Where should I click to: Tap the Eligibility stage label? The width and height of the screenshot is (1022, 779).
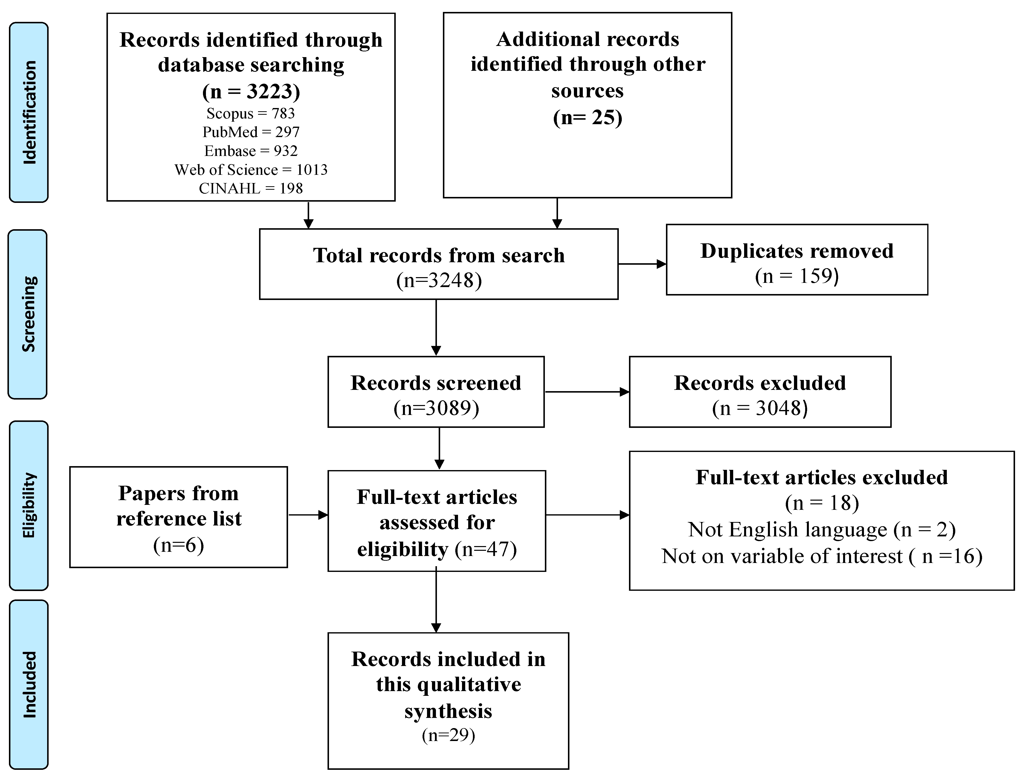click(x=29, y=505)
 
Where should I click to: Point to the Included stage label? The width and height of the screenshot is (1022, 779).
click(x=29, y=684)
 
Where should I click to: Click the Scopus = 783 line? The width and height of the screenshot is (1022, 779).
click(x=251, y=113)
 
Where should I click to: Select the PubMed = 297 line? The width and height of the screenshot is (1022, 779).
click(x=251, y=132)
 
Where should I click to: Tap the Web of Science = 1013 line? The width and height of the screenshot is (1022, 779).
click(x=251, y=170)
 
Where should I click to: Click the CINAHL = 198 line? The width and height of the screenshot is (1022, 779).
click(x=251, y=188)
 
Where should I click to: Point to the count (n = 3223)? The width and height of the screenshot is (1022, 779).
click(x=251, y=91)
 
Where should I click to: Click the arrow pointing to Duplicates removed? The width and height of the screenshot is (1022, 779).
click(x=642, y=264)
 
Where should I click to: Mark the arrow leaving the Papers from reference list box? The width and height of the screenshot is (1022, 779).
click(x=308, y=515)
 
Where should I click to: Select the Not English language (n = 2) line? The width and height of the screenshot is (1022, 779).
click(x=822, y=529)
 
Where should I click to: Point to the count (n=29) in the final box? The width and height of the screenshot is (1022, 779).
click(x=448, y=735)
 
